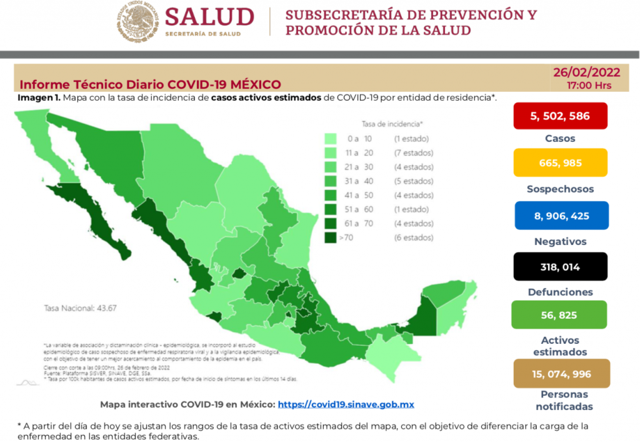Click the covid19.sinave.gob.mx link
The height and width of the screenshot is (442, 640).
point(346,404)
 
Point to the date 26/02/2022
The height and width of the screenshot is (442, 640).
point(582,73)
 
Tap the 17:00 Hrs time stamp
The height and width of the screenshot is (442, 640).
point(589,86)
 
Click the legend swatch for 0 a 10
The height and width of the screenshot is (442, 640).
point(331,138)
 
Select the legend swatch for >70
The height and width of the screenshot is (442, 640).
point(331,238)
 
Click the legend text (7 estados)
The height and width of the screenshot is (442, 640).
point(412,153)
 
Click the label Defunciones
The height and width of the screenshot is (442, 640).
point(560,292)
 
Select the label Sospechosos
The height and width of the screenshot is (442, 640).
point(560,189)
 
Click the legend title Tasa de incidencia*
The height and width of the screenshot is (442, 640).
point(392,124)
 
